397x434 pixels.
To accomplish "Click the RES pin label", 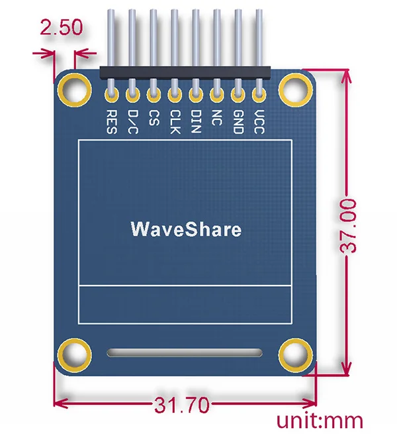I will [111, 121].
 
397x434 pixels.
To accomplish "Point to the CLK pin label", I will [175, 122].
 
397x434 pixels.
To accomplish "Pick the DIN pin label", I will [196, 122].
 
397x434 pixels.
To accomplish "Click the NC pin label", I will [216, 118].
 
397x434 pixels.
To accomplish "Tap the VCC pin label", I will [259, 122].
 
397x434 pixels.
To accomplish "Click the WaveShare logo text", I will [186, 230].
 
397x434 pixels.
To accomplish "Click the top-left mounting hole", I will [75, 87].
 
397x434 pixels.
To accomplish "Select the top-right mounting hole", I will [296, 87].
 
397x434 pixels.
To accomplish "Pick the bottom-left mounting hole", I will [75, 354].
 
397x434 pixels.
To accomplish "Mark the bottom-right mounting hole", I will [296, 354].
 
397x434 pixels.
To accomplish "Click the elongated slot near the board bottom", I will [185, 354].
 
